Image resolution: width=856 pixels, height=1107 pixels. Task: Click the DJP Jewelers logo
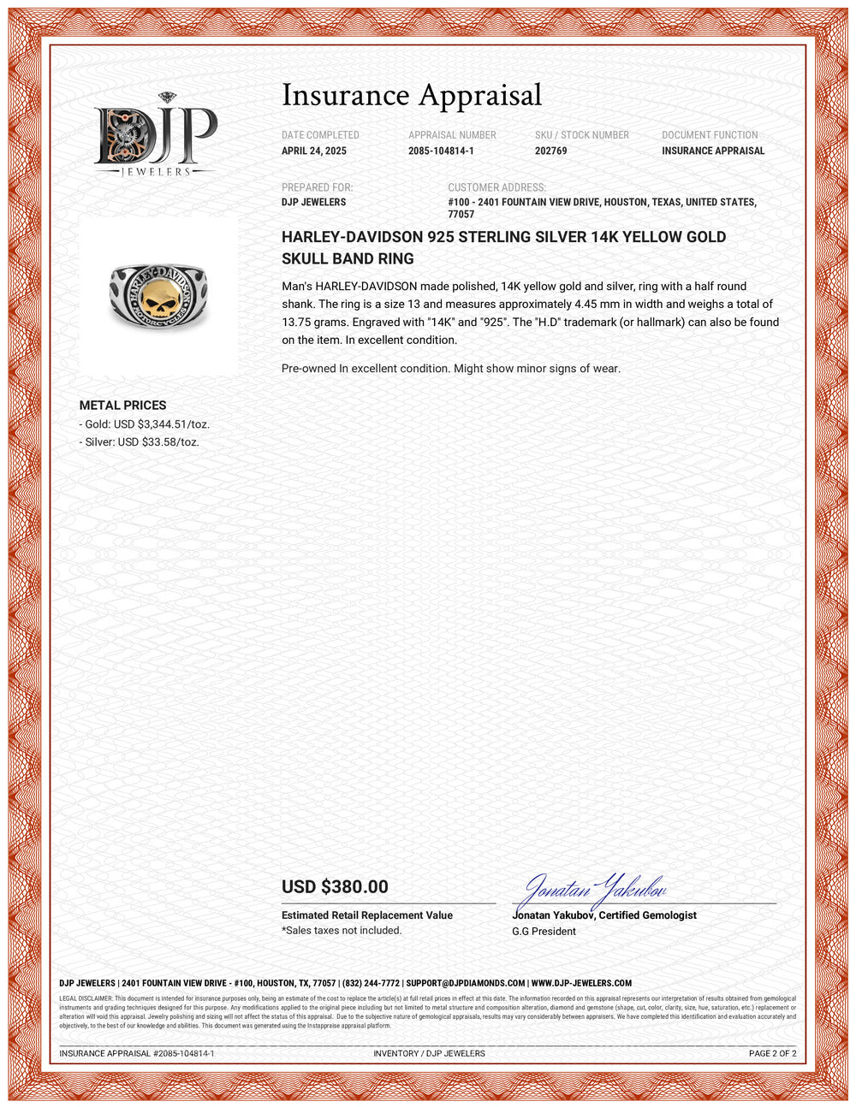155,135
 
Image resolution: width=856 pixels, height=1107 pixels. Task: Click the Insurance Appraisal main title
412,95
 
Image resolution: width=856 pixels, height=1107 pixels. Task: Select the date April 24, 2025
314,151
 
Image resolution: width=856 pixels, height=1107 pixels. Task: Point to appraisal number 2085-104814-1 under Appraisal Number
441,151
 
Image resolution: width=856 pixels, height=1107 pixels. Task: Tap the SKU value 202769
550,151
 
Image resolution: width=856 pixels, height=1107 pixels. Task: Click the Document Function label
710,135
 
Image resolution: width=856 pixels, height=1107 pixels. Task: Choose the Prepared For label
317,187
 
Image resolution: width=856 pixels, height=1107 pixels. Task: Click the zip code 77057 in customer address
461,215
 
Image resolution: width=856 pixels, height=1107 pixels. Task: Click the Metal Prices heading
122,406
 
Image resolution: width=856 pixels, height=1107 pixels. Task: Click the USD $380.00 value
335,887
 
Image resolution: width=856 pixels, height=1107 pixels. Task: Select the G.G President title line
544,932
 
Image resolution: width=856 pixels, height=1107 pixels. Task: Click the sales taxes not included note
342,931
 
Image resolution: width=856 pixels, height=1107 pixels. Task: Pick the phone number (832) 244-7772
371,984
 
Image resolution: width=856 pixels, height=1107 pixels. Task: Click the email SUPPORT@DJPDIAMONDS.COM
466,984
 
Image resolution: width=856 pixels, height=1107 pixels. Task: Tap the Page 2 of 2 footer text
772,1054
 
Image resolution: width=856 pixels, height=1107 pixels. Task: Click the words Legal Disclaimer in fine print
86,998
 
